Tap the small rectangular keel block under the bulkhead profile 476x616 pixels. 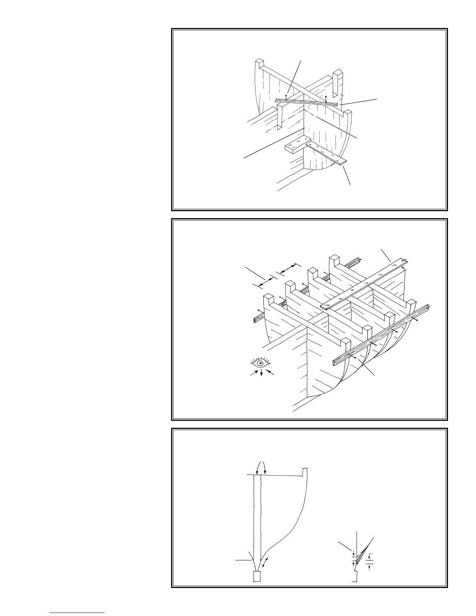(257, 576)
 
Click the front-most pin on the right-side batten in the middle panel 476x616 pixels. (355, 356)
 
